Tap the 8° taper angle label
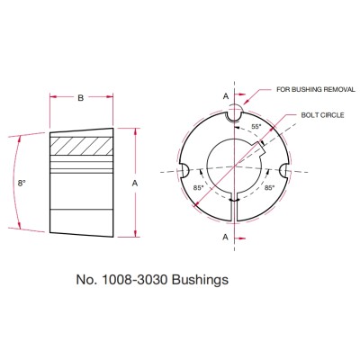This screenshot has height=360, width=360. [x=22, y=183]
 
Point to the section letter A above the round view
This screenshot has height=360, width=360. [x=226, y=94]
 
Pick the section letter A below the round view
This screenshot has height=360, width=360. [x=226, y=237]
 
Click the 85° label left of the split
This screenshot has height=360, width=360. [x=196, y=189]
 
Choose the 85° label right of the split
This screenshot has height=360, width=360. [x=269, y=188]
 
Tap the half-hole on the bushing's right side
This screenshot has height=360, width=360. [x=285, y=170]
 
